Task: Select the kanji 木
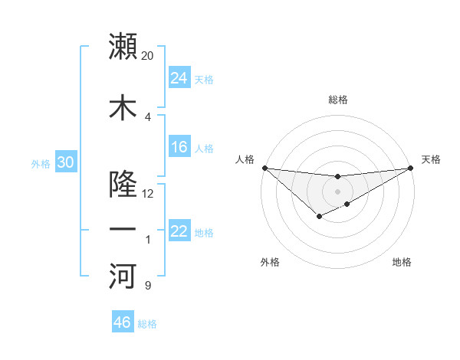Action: [x=123, y=107]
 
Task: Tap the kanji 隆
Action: [x=123, y=184]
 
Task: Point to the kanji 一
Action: [x=123, y=229]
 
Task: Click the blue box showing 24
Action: [x=179, y=78]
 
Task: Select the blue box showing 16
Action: [x=179, y=147]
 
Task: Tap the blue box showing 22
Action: [x=179, y=231]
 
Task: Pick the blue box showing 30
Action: [x=65, y=162]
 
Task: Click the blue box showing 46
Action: [x=123, y=322]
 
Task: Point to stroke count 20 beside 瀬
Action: [x=148, y=56]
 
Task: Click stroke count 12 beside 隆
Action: [x=148, y=194]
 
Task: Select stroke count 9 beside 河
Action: [x=148, y=286]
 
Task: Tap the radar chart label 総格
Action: [x=338, y=100]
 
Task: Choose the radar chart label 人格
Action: [x=245, y=159]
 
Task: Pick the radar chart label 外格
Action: [x=270, y=262]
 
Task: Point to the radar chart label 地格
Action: [x=402, y=262]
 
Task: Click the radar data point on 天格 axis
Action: [x=410, y=168]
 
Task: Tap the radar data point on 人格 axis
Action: [x=264, y=168]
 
